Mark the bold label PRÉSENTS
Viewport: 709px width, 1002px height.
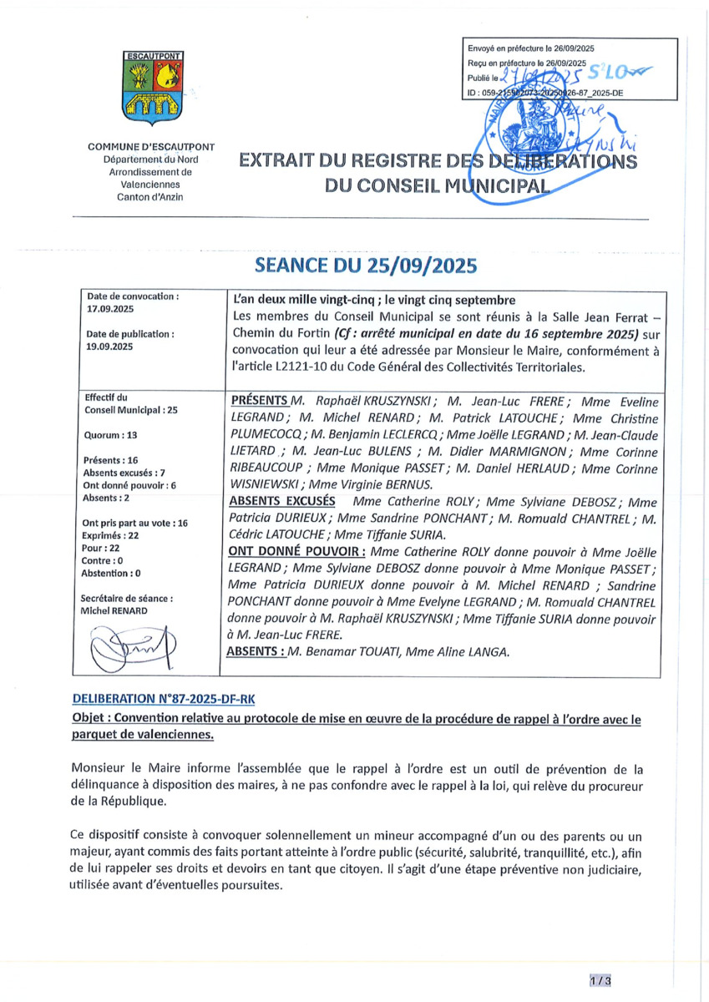pyautogui.click(x=259, y=402)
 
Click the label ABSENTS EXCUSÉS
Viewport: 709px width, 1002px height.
pyautogui.click(x=281, y=501)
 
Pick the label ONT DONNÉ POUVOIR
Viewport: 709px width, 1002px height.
pyautogui.click(x=295, y=552)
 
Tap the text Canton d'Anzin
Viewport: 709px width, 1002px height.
pyautogui.click(x=152, y=196)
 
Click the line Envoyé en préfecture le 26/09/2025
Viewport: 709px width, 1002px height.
pyautogui.click(x=530, y=49)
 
